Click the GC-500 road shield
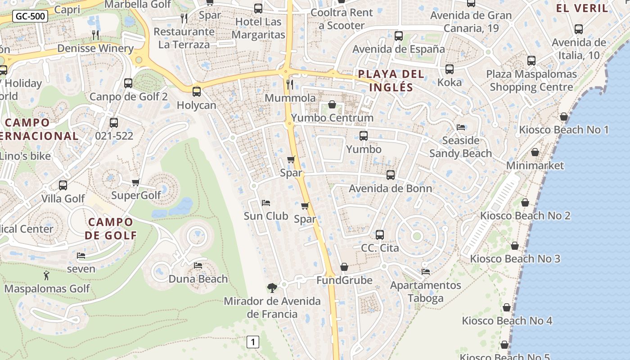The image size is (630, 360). tap(30, 17)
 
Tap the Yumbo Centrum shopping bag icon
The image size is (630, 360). tap(332, 104)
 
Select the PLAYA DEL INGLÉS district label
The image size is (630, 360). tap(391, 81)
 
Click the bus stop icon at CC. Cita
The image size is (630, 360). tap(380, 234)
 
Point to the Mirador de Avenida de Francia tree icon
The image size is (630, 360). tap(272, 288)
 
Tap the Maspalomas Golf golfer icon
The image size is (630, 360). tap(46, 275)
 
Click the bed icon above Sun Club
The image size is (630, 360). tap(266, 203)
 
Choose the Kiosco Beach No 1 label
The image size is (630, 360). tap(564, 130)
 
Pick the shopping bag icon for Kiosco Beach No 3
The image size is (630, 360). tap(515, 246)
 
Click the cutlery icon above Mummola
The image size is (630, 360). tap(290, 84)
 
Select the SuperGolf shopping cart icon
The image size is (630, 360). tap(136, 182)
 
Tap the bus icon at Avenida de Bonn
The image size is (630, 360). tap(391, 175)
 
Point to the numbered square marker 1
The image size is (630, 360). tap(253, 342)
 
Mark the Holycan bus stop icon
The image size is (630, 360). tap(197, 92)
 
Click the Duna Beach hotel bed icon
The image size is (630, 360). tap(198, 265)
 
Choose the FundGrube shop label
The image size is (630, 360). tap(344, 280)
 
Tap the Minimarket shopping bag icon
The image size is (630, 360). tap(535, 153)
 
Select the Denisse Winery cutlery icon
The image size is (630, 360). tap(95, 35)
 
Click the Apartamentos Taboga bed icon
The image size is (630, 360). tap(426, 272)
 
